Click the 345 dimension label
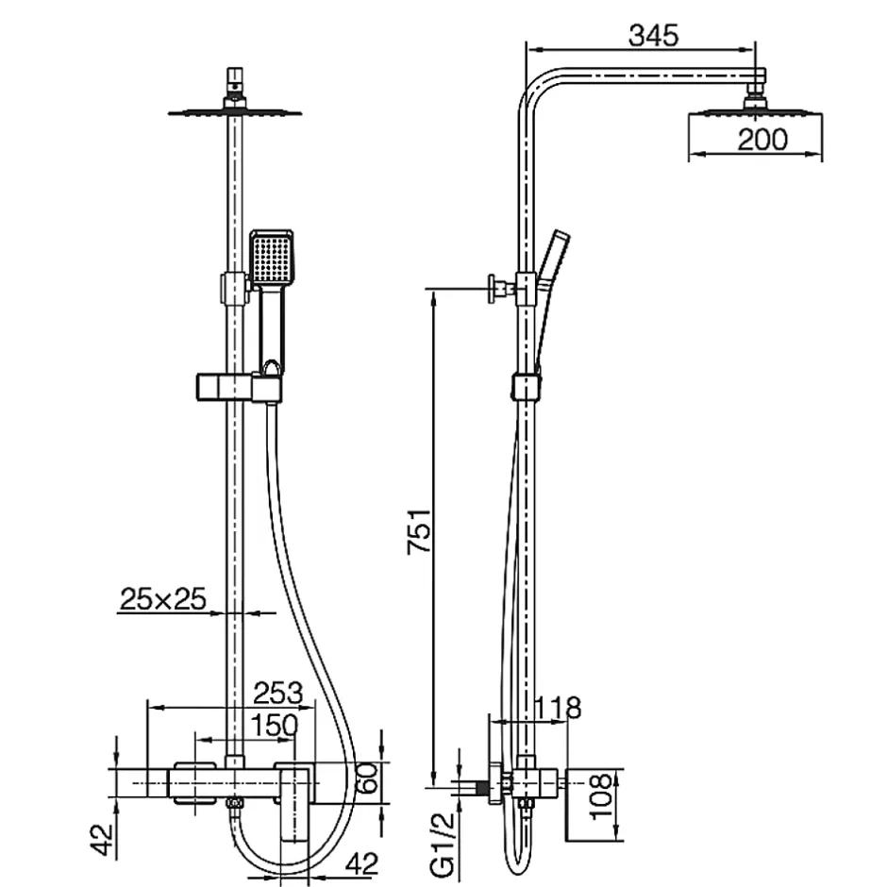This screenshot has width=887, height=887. point(653,36)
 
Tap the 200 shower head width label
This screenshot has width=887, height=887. point(762,139)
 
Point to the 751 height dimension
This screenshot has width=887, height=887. point(420,532)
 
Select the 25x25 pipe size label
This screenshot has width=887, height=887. point(163,599)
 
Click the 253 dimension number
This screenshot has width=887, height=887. point(277,693)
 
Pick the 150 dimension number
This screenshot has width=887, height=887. point(274,726)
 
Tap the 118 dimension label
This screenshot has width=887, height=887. point(557,708)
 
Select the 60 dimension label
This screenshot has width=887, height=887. point(368,778)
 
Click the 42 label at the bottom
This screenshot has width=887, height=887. point(361,863)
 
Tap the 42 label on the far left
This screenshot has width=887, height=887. point(103,841)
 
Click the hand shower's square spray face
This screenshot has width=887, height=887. point(272,259)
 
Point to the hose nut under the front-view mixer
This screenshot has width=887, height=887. point(234,803)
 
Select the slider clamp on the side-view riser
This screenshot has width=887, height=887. point(527,387)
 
